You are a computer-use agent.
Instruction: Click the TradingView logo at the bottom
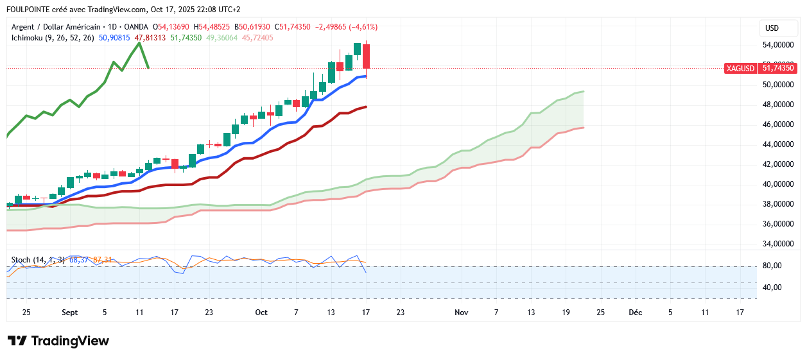[x=58, y=341]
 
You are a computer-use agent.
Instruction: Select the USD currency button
[x=772, y=28]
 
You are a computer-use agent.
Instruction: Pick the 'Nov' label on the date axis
[x=461, y=313]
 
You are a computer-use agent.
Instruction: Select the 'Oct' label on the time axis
[x=261, y=313]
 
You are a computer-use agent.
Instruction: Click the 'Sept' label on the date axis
[x=69, y=313]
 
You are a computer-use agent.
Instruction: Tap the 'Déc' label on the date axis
[x=636, y=313]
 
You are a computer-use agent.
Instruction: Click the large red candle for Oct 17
[x=366, y=56]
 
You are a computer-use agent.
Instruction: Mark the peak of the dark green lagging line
[x=139, y=43]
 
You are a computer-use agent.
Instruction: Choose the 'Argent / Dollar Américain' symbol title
[x=56, y=27]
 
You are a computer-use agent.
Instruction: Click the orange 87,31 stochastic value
[x=103, y=260]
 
